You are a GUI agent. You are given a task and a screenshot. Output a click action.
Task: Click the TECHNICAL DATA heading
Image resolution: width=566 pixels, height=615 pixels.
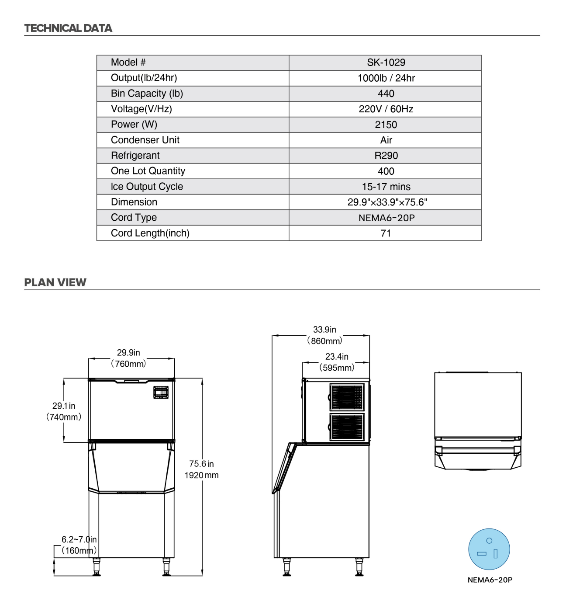click(68, 28)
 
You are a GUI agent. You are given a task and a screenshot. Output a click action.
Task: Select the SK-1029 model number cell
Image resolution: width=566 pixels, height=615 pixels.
click(386, 63)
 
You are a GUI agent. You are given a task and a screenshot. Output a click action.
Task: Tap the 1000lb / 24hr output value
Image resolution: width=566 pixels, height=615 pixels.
click(386, 78)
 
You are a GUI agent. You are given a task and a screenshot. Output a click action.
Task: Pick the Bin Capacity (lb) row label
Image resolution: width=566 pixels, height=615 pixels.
click(147, 94)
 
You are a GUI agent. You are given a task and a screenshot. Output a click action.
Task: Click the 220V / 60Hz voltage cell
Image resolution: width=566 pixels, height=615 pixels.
click(386, 109)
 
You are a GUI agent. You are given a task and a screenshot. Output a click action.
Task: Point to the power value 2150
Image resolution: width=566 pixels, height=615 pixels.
click(386, 125)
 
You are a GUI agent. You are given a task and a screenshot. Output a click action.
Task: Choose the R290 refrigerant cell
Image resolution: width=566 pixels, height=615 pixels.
click(386, 156)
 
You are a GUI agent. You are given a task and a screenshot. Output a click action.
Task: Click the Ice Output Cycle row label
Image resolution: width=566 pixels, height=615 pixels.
click(147, 187)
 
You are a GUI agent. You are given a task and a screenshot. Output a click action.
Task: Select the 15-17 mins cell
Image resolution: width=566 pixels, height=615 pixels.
click(386, 187)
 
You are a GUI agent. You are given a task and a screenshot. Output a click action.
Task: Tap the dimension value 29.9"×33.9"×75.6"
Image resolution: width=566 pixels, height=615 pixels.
click(387, 202)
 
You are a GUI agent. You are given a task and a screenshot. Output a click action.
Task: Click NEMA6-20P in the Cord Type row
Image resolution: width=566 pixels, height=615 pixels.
click(386, 218)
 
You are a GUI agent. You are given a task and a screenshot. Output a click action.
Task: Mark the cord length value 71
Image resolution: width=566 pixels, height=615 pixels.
click(386, 233)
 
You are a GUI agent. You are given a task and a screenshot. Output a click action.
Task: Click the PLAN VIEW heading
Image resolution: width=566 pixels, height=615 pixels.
click(55, 282)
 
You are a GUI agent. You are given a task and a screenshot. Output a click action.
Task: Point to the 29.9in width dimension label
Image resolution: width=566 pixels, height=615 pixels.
click(128, 353)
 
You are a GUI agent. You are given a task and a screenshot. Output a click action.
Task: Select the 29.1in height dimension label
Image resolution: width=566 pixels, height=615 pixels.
click(64, 406)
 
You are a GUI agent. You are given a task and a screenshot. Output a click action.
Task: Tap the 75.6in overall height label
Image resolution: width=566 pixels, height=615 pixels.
click(201, 464)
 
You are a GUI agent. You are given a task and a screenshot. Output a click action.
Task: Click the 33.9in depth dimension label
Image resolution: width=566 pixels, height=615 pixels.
click(324, 330)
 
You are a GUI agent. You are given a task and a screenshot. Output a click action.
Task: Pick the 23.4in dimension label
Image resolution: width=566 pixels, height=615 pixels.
click(337, 357)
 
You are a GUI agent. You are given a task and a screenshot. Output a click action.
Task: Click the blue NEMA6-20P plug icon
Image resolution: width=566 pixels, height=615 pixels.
click(489, 549)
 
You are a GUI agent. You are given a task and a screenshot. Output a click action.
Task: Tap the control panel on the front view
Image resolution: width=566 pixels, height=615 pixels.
click(161, 392)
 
